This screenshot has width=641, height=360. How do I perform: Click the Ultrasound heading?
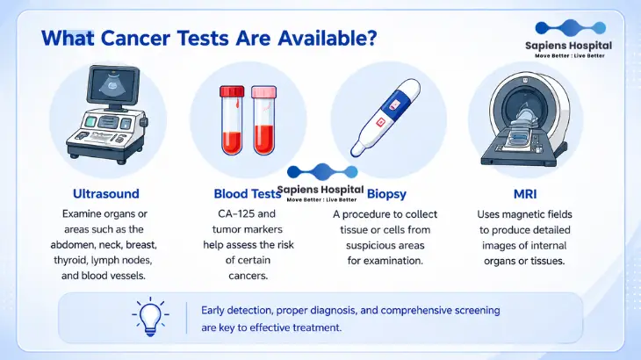(x=106, y=194)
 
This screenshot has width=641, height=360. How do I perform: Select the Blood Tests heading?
(x=248, y=194)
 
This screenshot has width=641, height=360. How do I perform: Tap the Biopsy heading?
(x=386, y=194)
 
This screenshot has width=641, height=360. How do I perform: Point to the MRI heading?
(x=525, y=194)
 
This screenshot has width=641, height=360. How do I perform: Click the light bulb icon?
(x=150, y=317)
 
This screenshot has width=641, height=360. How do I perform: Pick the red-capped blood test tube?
(x=232, y=120)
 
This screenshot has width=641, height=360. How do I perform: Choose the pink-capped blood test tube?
(x=263, y=120)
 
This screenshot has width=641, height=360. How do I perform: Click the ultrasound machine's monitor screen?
(x=114, y=86)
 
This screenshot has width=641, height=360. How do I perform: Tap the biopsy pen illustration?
(x=385, y=118)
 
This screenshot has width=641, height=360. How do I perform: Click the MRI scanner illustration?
(x=526, y=119)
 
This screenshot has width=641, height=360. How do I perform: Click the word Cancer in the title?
(x=135, y=39)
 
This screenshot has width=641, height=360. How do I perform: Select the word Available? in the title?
(x=327, y=39)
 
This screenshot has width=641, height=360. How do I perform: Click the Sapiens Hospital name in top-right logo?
(x=569, y=46)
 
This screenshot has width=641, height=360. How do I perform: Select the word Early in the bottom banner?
(x=212, y=311)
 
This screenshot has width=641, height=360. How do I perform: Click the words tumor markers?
(x=248, y=229)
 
